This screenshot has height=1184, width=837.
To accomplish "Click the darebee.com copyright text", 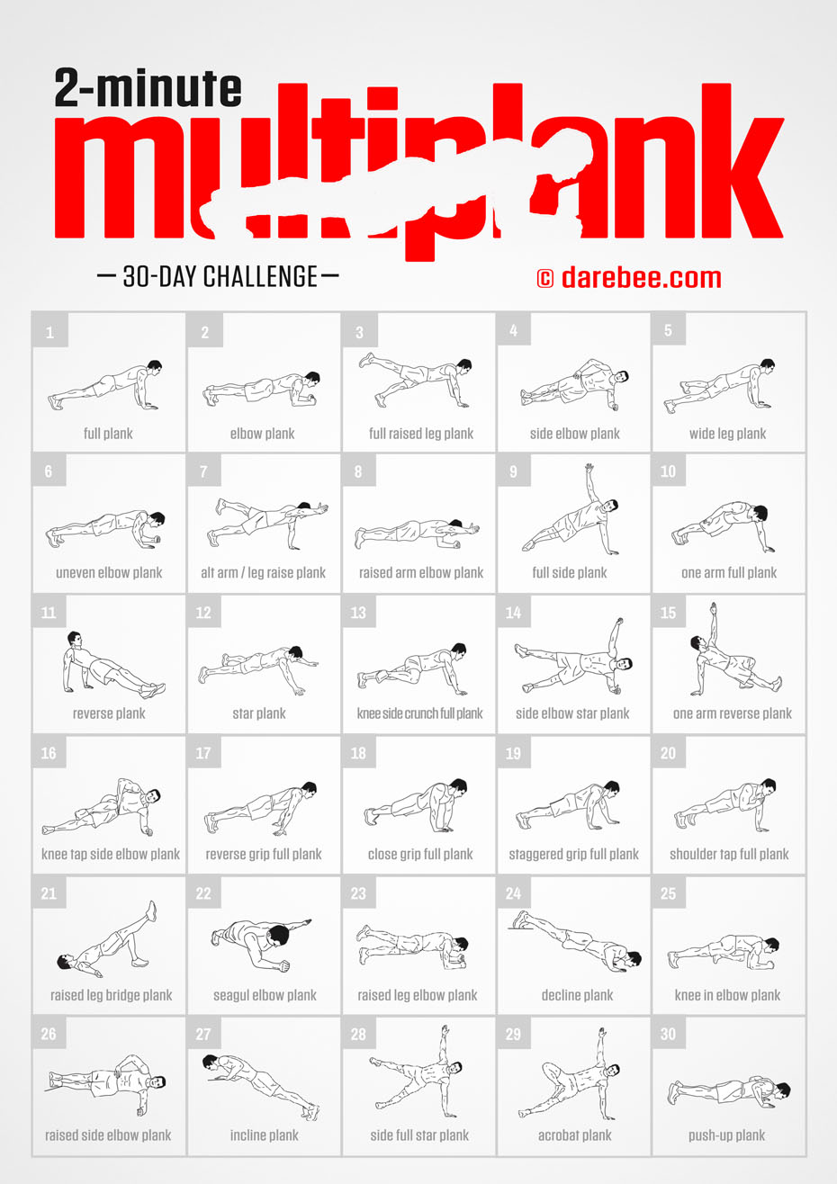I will (630, 277).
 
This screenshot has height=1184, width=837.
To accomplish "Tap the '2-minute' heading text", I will (148, 89).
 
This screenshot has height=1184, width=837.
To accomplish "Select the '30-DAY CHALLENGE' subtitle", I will (219, 276).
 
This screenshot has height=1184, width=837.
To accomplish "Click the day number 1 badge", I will (49, 332).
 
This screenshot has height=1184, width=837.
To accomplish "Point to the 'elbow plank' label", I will (262, 434).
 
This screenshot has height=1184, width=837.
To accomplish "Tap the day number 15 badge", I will (668, 613).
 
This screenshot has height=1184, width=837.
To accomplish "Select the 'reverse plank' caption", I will (109, 713).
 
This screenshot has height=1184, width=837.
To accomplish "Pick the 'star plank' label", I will (259, 713).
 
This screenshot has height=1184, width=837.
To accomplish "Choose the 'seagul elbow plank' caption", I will (265, 995).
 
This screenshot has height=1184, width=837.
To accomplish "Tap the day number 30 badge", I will (668, 1034).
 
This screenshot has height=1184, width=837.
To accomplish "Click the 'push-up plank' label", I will (726, 1135).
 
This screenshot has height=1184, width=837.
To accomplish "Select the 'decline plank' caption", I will (577, 995).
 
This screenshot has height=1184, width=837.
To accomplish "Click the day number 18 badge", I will (358, 753).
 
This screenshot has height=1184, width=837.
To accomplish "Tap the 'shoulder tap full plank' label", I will (729, 854).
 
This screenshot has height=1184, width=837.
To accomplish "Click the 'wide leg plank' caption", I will (727, 434).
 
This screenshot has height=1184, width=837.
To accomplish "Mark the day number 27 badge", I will (203, 1034).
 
